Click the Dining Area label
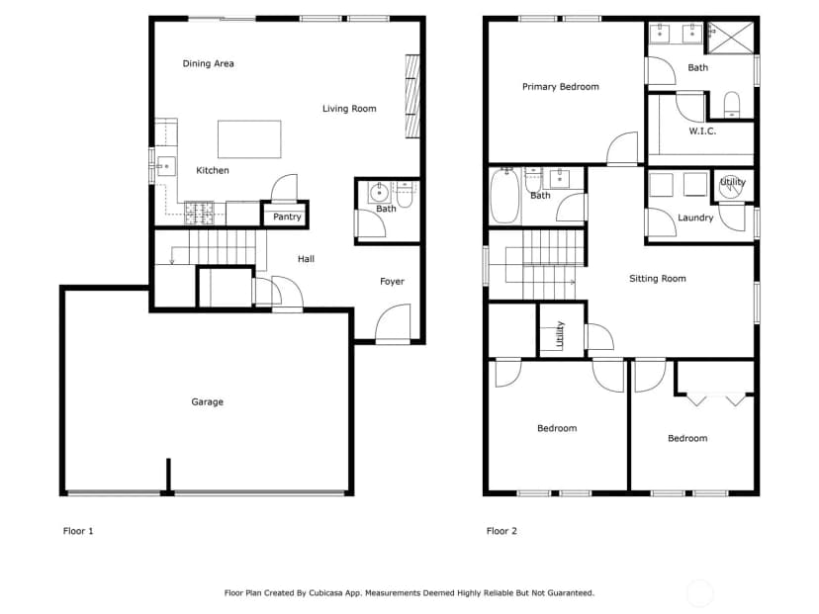point(208,63)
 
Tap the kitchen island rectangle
point(249,138)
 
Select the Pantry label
point(287,217)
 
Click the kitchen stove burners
point(199,213)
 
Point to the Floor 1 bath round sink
point(379,193)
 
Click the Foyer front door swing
point(394,323)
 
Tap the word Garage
point(208,402)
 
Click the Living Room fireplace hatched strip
point(412,96)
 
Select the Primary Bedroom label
point(561,87)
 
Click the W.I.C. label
point(702,132)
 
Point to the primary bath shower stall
point(730,38)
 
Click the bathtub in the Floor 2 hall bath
point(505,196)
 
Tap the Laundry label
point(695,218)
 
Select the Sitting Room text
point(658,279)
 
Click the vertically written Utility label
point(560,334)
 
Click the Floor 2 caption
point(501,531)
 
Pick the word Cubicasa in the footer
point(326,593)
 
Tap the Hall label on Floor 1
point(306,259)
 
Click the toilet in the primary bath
point(732,105)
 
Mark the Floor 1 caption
point(78,531)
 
